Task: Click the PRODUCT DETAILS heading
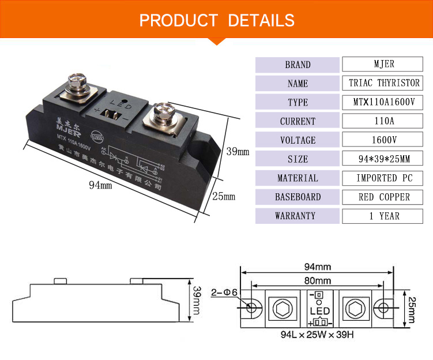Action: [217, 20]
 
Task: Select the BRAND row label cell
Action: [298, 65]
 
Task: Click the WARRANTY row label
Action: [298, 216]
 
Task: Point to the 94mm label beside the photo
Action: [100, 185]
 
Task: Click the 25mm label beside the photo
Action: [225, 197]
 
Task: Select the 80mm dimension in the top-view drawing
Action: [317, 282]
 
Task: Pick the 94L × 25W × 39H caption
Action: [316, 334]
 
